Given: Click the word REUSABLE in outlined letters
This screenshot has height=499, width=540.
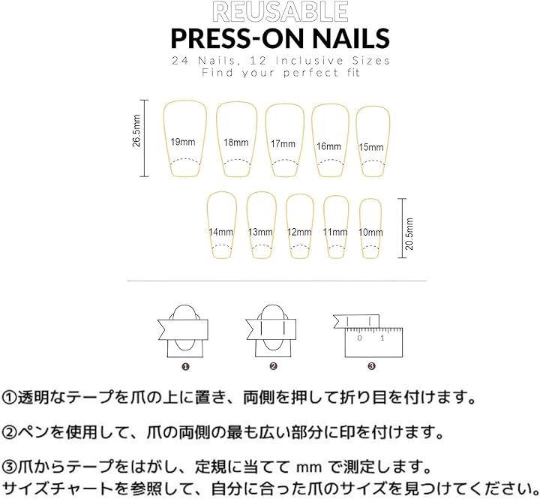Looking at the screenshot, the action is (x=280, y=12).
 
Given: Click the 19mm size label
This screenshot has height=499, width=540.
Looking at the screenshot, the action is (x=183, y=142).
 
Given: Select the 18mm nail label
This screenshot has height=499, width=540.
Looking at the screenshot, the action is (x=236, y=143).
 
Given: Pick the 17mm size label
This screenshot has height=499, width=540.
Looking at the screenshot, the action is (x=283, y=144).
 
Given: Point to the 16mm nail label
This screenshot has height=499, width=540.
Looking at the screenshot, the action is (x=329, y=146).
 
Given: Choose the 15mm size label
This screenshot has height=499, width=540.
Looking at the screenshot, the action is (x=371, y=147).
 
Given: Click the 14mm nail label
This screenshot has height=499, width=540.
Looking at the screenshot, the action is (x=220, y=232).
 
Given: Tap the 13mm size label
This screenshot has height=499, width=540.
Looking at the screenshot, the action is (x=260, y=232).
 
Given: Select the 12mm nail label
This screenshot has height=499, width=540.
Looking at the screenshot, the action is (x=299, y=232).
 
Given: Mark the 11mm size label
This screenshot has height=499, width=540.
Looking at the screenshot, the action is (x=335, y=232).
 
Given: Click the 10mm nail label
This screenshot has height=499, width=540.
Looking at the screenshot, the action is (x=370, y=232).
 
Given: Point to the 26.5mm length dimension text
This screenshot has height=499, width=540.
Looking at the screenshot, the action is (x=136, y=131).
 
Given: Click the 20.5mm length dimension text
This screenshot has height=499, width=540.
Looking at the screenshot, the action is (x=409, y=233).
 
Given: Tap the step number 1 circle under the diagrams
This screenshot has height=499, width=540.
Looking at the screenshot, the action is (x=185, y=367).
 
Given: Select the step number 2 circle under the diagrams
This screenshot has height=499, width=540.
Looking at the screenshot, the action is (x=274, y=366).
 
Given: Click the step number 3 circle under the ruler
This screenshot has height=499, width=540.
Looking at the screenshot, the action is (x=371, y=366).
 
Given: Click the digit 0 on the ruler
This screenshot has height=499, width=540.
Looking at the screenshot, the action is (x=359, y=338).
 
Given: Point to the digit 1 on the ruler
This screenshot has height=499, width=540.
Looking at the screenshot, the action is (x=382, y=338).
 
